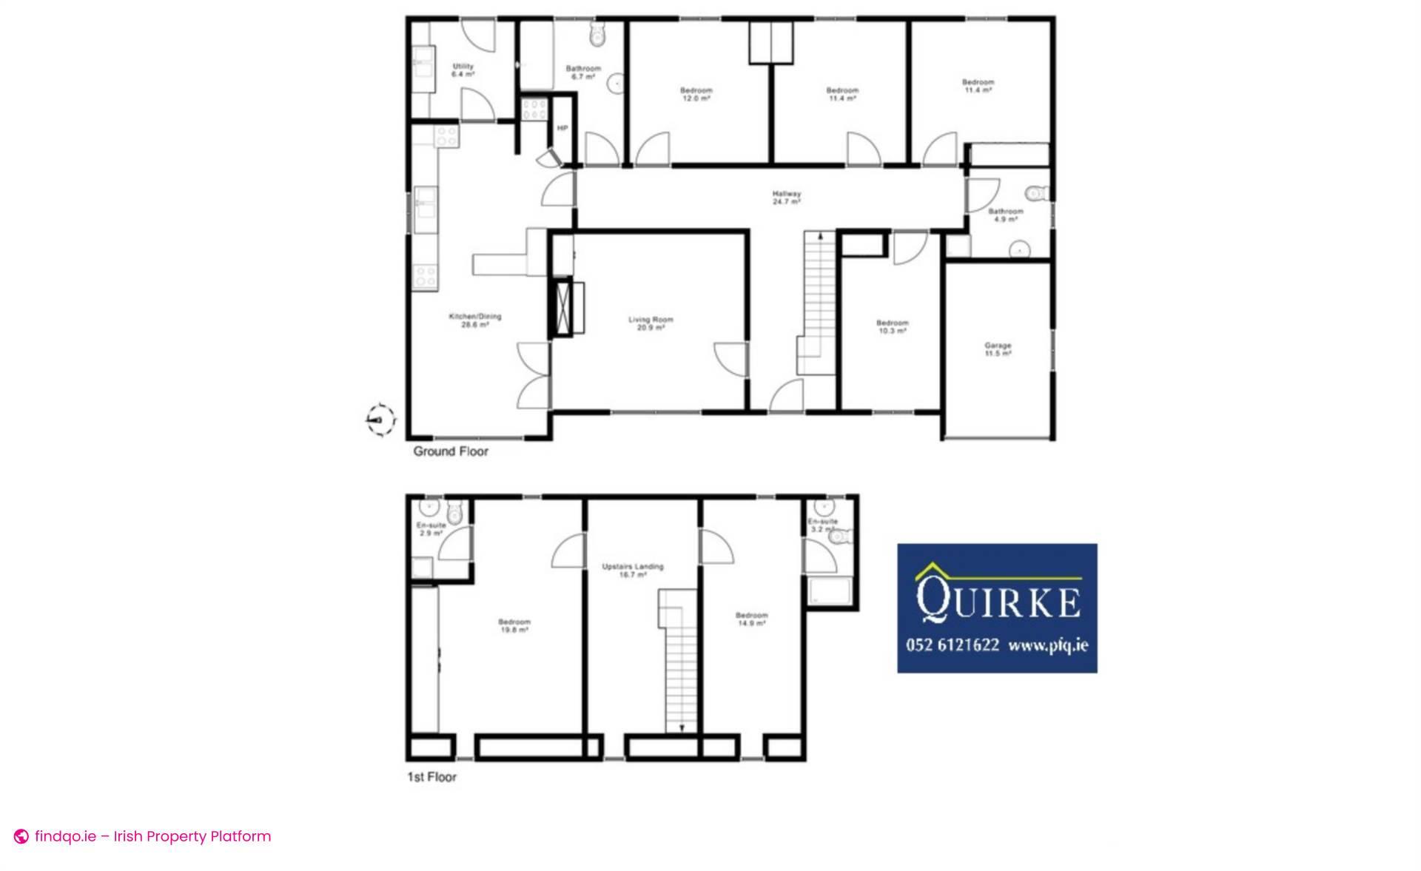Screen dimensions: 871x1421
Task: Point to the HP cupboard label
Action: point(562,128)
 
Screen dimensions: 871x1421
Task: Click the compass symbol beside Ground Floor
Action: point(380,420)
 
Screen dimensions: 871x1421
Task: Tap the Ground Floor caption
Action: point(450,451)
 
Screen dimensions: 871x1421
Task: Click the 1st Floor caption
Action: point(431,777)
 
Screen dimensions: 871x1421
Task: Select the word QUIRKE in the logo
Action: point(997,601)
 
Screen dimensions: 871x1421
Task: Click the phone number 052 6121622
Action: point(952,645)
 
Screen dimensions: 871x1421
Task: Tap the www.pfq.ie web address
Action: point(1047,645)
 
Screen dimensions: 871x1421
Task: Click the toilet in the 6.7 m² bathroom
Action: point(597,35)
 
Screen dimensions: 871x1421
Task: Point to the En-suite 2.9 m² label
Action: point(431,528)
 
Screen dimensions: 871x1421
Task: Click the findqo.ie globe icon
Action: point(21,837)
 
